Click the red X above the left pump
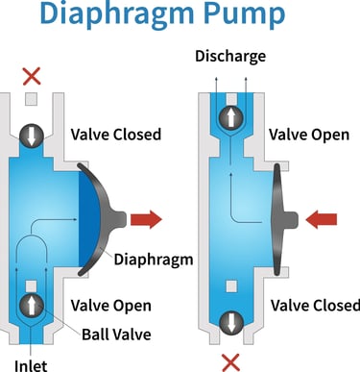32,76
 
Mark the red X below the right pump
230,361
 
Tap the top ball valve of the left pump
32,134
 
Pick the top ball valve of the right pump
230,117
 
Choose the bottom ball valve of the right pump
230,322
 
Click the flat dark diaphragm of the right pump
279,219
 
